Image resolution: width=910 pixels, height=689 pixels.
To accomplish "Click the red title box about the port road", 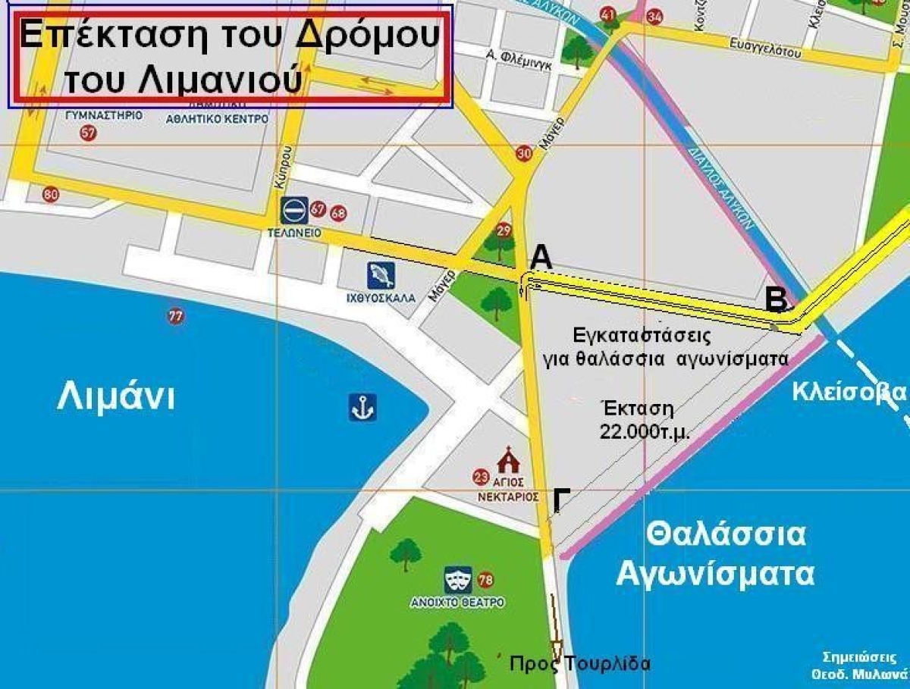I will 231,55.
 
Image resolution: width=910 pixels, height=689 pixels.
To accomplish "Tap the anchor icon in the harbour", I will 363,408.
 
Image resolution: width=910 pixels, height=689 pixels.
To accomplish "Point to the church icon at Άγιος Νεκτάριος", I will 506,461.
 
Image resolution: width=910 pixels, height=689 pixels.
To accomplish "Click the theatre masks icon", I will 460,580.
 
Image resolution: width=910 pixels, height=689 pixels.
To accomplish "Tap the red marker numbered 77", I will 176,317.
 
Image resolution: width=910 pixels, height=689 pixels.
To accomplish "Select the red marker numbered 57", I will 89,134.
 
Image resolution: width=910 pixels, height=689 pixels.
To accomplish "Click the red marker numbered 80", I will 51,195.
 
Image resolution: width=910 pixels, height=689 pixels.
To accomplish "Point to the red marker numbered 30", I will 524,154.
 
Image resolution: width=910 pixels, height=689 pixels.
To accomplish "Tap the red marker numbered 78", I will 486,581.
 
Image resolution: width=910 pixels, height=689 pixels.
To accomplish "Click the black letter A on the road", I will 541,258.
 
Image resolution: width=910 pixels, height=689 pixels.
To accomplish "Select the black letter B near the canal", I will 776,299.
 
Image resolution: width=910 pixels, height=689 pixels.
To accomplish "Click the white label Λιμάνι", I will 115,396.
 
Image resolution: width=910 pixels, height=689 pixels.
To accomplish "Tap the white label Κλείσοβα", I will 849,392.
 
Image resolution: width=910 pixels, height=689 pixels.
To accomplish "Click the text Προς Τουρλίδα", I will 580,664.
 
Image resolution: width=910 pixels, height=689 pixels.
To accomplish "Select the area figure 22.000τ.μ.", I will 636,431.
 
